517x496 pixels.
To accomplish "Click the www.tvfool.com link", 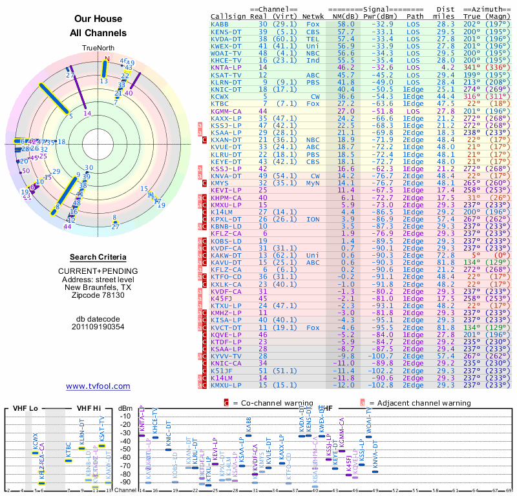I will pyautogui.click(x=98, y=386).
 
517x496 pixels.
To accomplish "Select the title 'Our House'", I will pyautogui.click(x=98, y=19).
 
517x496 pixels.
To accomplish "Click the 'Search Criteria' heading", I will pyautogui.click(x=98, y=257).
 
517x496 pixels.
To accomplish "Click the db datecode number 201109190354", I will pyautogui.click(x=98, y=326).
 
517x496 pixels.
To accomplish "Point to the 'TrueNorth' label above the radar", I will pyautogui.click(x=98, y=48).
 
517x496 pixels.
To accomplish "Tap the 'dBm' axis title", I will pyautogui.click(x=125, y=409).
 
